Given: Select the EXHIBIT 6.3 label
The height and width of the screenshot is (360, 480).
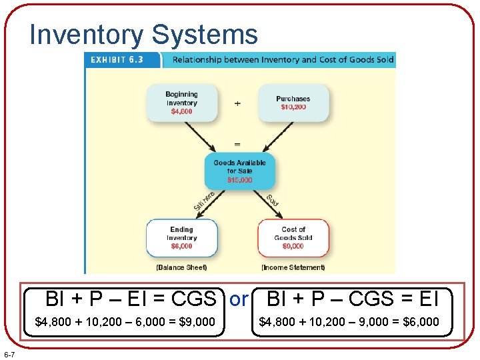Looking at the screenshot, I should coord(118,59).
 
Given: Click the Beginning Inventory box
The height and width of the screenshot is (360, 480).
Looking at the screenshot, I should coord(182,103).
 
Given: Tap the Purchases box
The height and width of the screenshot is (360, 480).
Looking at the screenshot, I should coord(293,103).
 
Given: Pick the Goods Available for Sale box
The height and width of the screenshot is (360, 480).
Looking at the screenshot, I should coord(239,171).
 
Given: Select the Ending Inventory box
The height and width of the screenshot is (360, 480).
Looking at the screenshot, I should coord(182,237).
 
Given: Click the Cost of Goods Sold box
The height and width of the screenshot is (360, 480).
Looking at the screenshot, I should coord(293,237).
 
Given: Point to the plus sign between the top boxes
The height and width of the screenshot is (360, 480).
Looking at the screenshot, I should coord(238,103).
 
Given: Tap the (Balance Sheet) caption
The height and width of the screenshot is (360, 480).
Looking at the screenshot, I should coord(181,267).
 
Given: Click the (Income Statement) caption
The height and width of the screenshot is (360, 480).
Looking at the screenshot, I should coord(293,267).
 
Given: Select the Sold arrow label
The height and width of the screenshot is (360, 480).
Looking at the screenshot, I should coord(273,199).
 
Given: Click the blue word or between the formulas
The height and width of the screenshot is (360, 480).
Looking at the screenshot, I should coord(238,300).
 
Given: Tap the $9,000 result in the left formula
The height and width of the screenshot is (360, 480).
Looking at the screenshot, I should coord(197,322).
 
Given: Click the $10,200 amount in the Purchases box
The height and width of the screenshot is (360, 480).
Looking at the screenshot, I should coord(293,107).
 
